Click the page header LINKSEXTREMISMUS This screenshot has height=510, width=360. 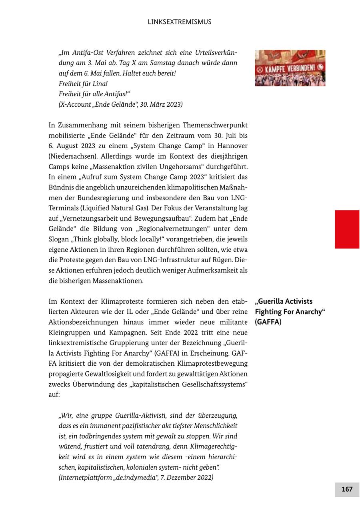[x=180, y=22]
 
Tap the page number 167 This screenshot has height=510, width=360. [x=347, y=489]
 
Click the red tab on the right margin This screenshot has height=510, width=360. [x=347, y=229]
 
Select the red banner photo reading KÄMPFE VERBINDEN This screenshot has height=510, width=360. [x=290, y=68]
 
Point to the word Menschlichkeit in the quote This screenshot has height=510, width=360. [x=215, y=426]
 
